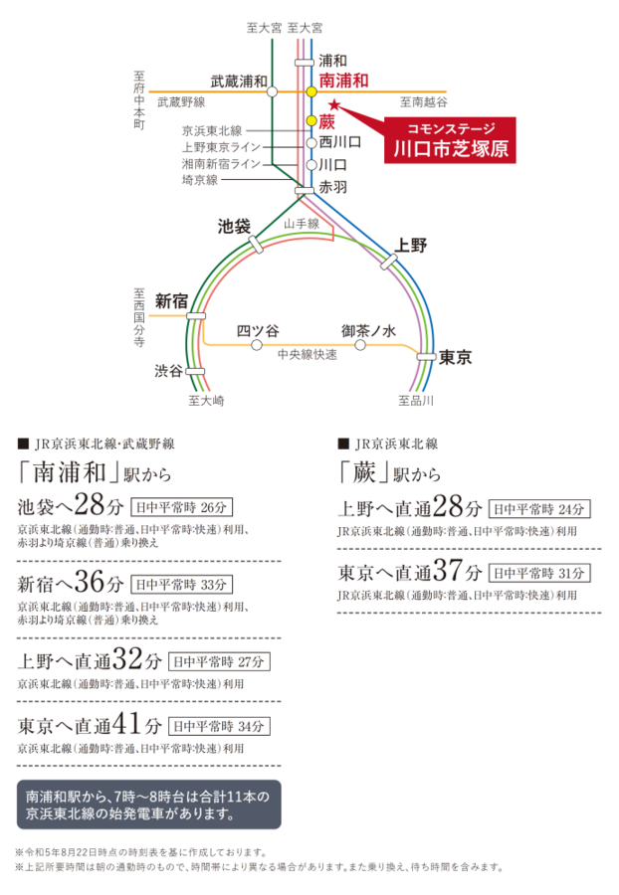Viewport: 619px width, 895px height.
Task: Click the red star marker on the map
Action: (334, 104)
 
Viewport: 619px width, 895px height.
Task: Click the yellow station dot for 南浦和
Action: (310, 91)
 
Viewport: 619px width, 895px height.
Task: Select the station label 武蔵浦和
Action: (238, 81)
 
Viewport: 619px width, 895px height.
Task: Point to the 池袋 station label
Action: (234, 226)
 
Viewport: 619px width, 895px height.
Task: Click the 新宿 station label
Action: (172, 299)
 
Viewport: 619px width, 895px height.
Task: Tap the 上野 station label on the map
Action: (411, 245)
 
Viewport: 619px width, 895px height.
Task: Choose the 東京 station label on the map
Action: (455, 356)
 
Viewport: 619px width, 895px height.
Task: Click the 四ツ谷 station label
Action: (258, 330)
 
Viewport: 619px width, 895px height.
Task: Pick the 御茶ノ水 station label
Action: (368, 330)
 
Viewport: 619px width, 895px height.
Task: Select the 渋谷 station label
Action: (168, 371)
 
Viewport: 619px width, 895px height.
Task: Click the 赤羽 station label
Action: (333, 187)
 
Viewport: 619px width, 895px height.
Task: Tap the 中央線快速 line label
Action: (308, 353)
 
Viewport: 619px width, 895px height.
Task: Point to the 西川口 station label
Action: (339, 142)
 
